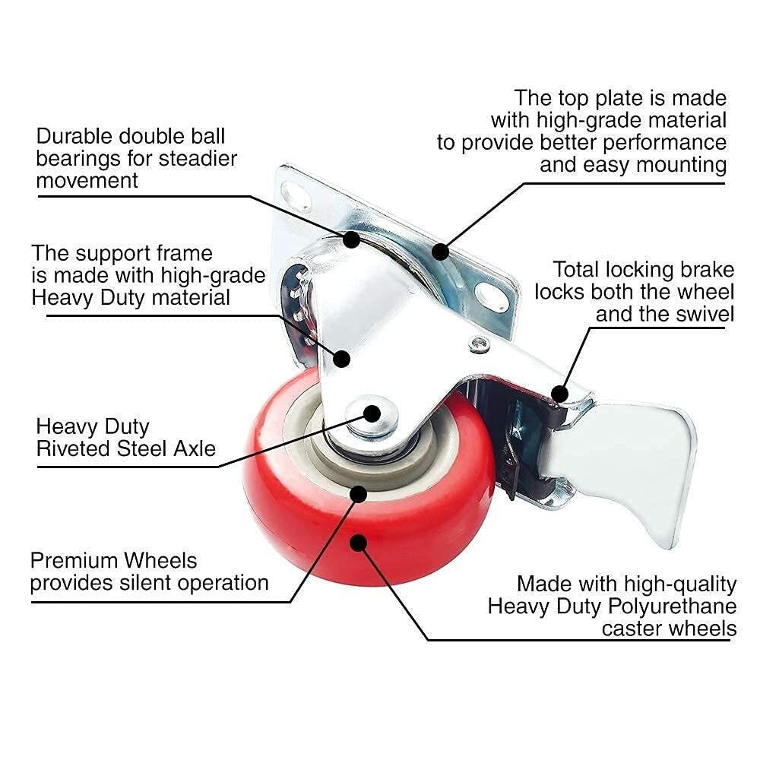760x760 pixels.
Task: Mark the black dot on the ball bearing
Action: coord(351,239)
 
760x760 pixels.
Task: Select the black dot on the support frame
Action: coord(342,358)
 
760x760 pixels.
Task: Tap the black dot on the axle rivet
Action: coord(372,413)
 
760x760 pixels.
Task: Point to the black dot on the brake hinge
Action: coord(559,393)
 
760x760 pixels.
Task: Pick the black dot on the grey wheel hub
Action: coord(358,494)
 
